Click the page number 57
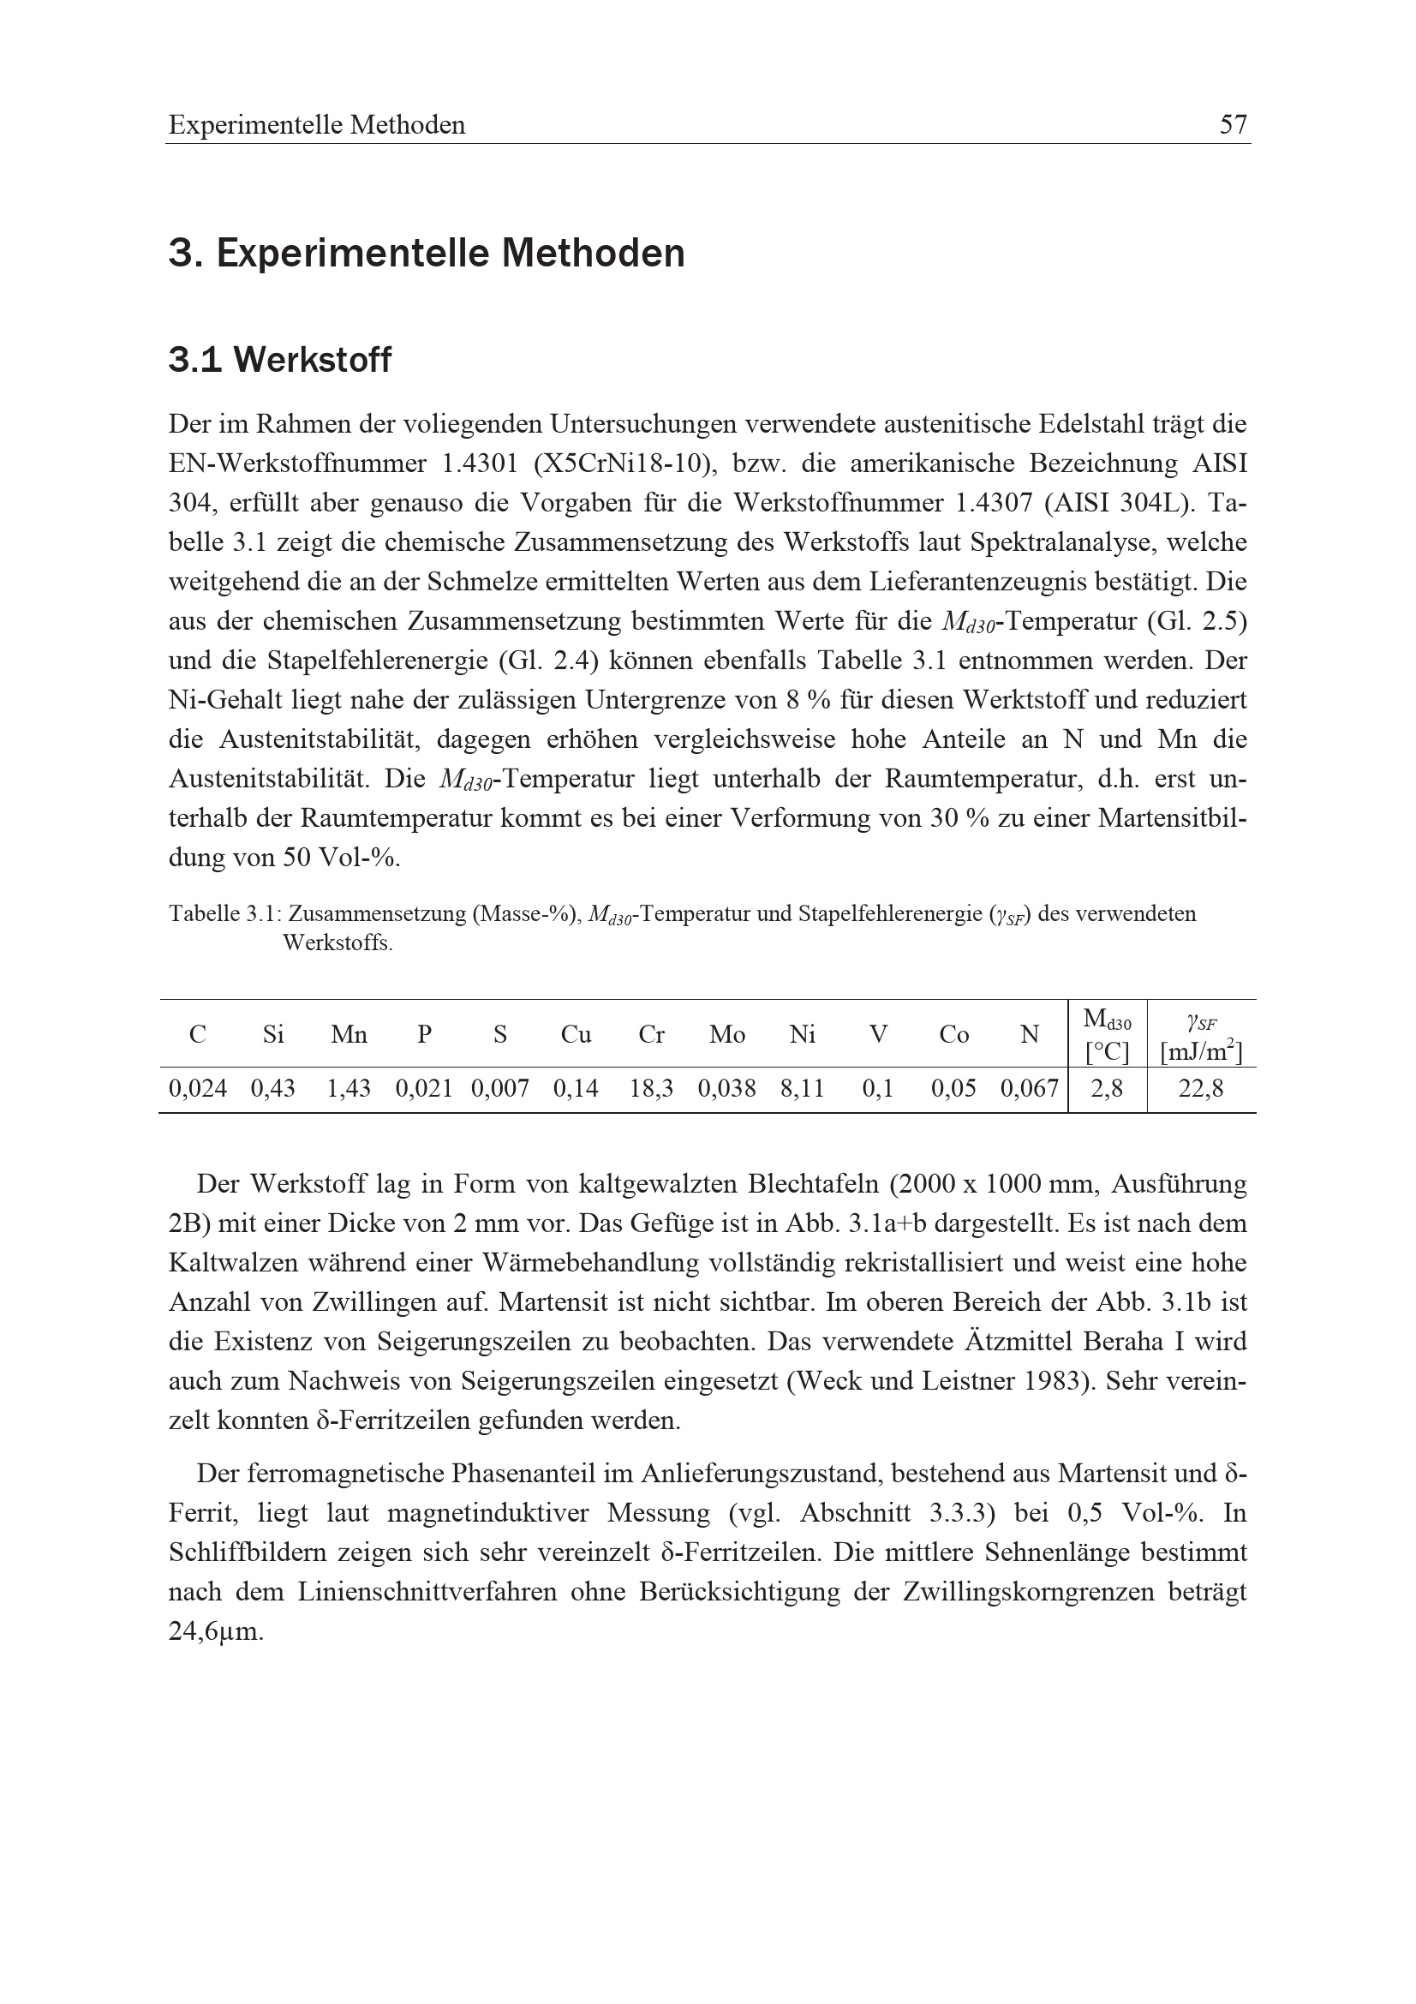point(1233,125)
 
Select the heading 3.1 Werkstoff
point(279,360)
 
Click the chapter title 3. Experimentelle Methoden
point(426,254)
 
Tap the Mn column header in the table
point(348,1034)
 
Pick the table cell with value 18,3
point(651,1088)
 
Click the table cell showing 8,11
point(802,1088)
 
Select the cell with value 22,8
point(1200,1088)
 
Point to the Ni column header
point(802,1034)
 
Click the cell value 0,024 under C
point(198,1088)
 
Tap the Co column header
point(953,1034)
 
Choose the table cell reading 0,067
point(1030,1088)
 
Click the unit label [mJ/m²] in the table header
point(1200,1052)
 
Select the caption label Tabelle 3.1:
point(224,914)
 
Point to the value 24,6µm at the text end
point(216,1631)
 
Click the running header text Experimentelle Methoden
point(317,125)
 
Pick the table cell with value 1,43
point(348,1088)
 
